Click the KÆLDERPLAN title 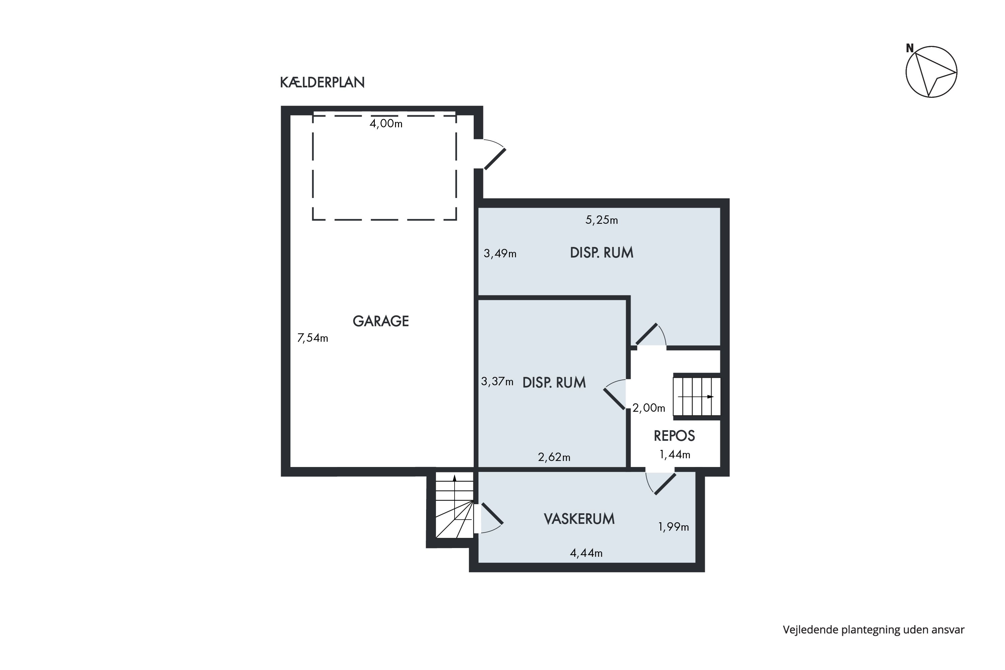pyautogui.click(x=322, y=82)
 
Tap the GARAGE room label pyautogui.click(x=381, y=321)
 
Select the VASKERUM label pyautogui.click(x=579, y=519)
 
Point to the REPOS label pyautogui.click(x=674, y=436)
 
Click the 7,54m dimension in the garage pyautogui.click(x=312, y=338)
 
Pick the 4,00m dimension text pyautogui.click(x=386, y=124)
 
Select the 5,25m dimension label pyautogui.click(x=602, y=220)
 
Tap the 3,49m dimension pyautogui.click(x=500, y=253)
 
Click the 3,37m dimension pyautogui.click(x=497, y=381)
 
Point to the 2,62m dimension pyautogui.click(x=554, y=457)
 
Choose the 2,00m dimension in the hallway pyautogui.click(x=649, y=408)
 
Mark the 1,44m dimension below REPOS pyautogui.click(x=675, y=455)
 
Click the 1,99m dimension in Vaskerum pyautogui.click(x=673, y=527)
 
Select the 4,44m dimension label pyautogui.click(x=586, y=553)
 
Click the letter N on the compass pyautogui.click(x=910, y=48)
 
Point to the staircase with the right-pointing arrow pyautogui.click(x=697, y=397)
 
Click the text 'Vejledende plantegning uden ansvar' pyautogui.click(x=874, y=630)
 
